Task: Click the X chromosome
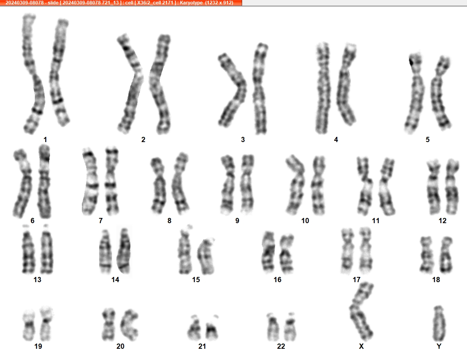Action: [x=360, y=311]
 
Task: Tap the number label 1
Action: [x=45, y=139]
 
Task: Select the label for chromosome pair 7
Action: [x=101, y=221]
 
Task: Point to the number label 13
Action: [x=37, y=280]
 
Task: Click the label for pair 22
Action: [x=281, y=346]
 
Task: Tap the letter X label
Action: [x=361, y=346]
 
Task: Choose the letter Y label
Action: [x=439, y=346]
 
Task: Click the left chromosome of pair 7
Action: [x=90, y=182]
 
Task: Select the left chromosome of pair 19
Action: [x=29, y=325]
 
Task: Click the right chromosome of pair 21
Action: [x=212, y=328]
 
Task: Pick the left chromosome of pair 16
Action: [x=269, y=252]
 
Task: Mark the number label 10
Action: [x=305, y=221]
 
